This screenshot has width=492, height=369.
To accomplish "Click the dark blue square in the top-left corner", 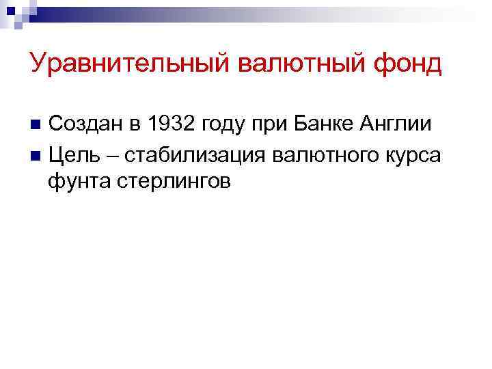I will click(x=10, y=8).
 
